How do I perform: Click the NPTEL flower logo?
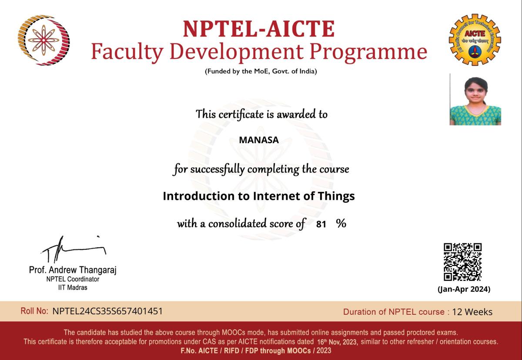pos(43,40)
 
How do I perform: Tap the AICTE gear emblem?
pos(475,40)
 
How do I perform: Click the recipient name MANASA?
pos(259,140)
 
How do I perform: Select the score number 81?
pos(321,224)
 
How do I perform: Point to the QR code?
pos(462,262)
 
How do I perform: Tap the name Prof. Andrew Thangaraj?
pos(73,270)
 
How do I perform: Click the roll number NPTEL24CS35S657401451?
pos(107,311)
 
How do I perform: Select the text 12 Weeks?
pos(472,312)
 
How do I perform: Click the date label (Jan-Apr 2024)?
pos(464,289)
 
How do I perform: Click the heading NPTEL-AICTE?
pos(259,29)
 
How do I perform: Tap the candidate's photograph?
pos(475,100)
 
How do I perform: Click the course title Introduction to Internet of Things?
pos(259,196)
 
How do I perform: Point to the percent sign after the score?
pos(341,223)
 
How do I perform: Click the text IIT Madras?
pos(73,287)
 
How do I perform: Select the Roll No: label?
pos(34,311)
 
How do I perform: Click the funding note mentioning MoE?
pos(261,71)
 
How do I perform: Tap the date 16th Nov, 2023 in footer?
pos(337,342)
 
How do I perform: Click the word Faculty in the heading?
pos(127,52)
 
